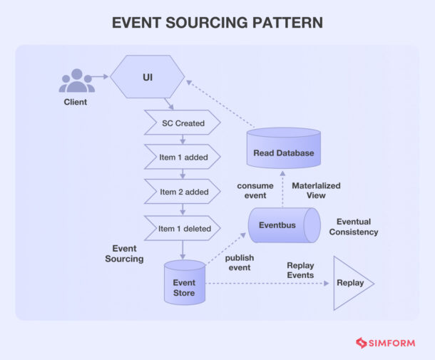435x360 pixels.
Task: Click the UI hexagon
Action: (148, 75)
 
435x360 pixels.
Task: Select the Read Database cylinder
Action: (283, 149)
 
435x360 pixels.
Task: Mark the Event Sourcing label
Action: (124, 254)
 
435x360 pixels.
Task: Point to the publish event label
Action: (239, 262)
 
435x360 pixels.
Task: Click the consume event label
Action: (255, 190)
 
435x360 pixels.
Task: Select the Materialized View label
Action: (316, 190)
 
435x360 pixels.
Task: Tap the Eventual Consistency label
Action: (354, 227)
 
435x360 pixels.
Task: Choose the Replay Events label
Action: (300, 270)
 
